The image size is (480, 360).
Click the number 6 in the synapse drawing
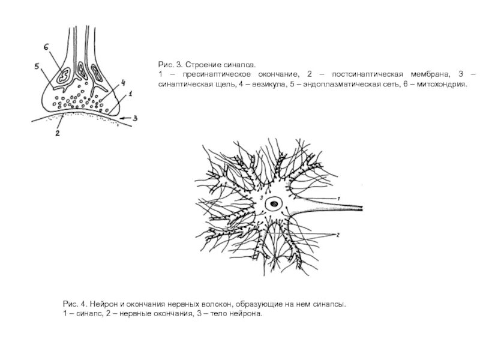point(46,46)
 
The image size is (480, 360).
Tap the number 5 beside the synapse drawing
point(37,66)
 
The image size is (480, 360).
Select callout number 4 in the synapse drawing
point(122,82)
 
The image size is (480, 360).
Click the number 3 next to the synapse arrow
point(136,118)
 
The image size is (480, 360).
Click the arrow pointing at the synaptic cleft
point(123,119)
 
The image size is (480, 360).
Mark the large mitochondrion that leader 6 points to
point(62,74)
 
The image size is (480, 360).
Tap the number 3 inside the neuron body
point(262,197)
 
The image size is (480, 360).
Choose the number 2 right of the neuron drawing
point(339,235)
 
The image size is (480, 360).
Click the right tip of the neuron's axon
point(362,208)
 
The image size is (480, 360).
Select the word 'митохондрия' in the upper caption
point(441,85)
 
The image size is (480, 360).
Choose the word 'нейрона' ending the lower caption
point(247,314)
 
